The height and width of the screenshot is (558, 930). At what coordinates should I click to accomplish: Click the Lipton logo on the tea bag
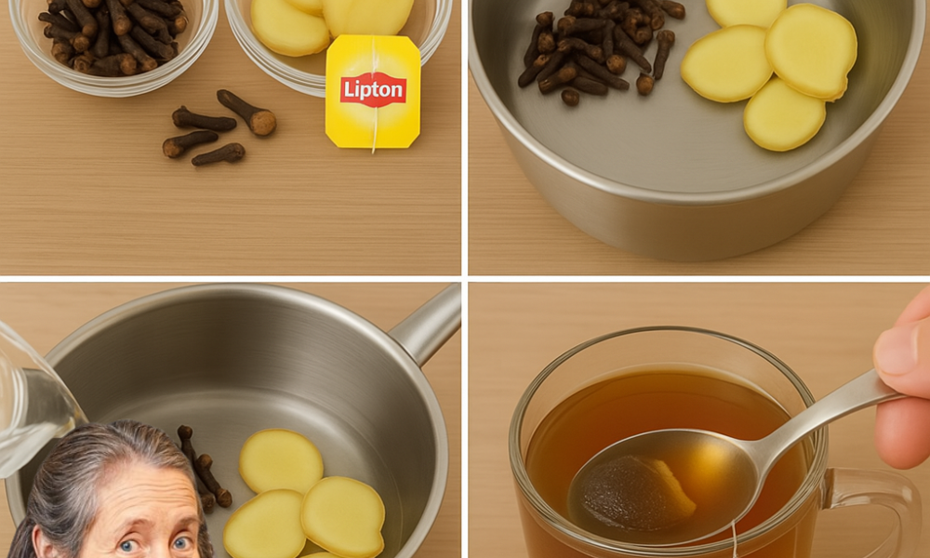coord(373,89)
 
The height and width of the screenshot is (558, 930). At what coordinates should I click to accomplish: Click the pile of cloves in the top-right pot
coord(595,51)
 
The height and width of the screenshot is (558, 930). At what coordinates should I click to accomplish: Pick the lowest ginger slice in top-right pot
coord(783,114)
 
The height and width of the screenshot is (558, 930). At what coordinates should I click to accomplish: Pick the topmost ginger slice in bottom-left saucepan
coord(281,460)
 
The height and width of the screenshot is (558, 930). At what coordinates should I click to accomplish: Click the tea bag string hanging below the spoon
coord(735,539)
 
